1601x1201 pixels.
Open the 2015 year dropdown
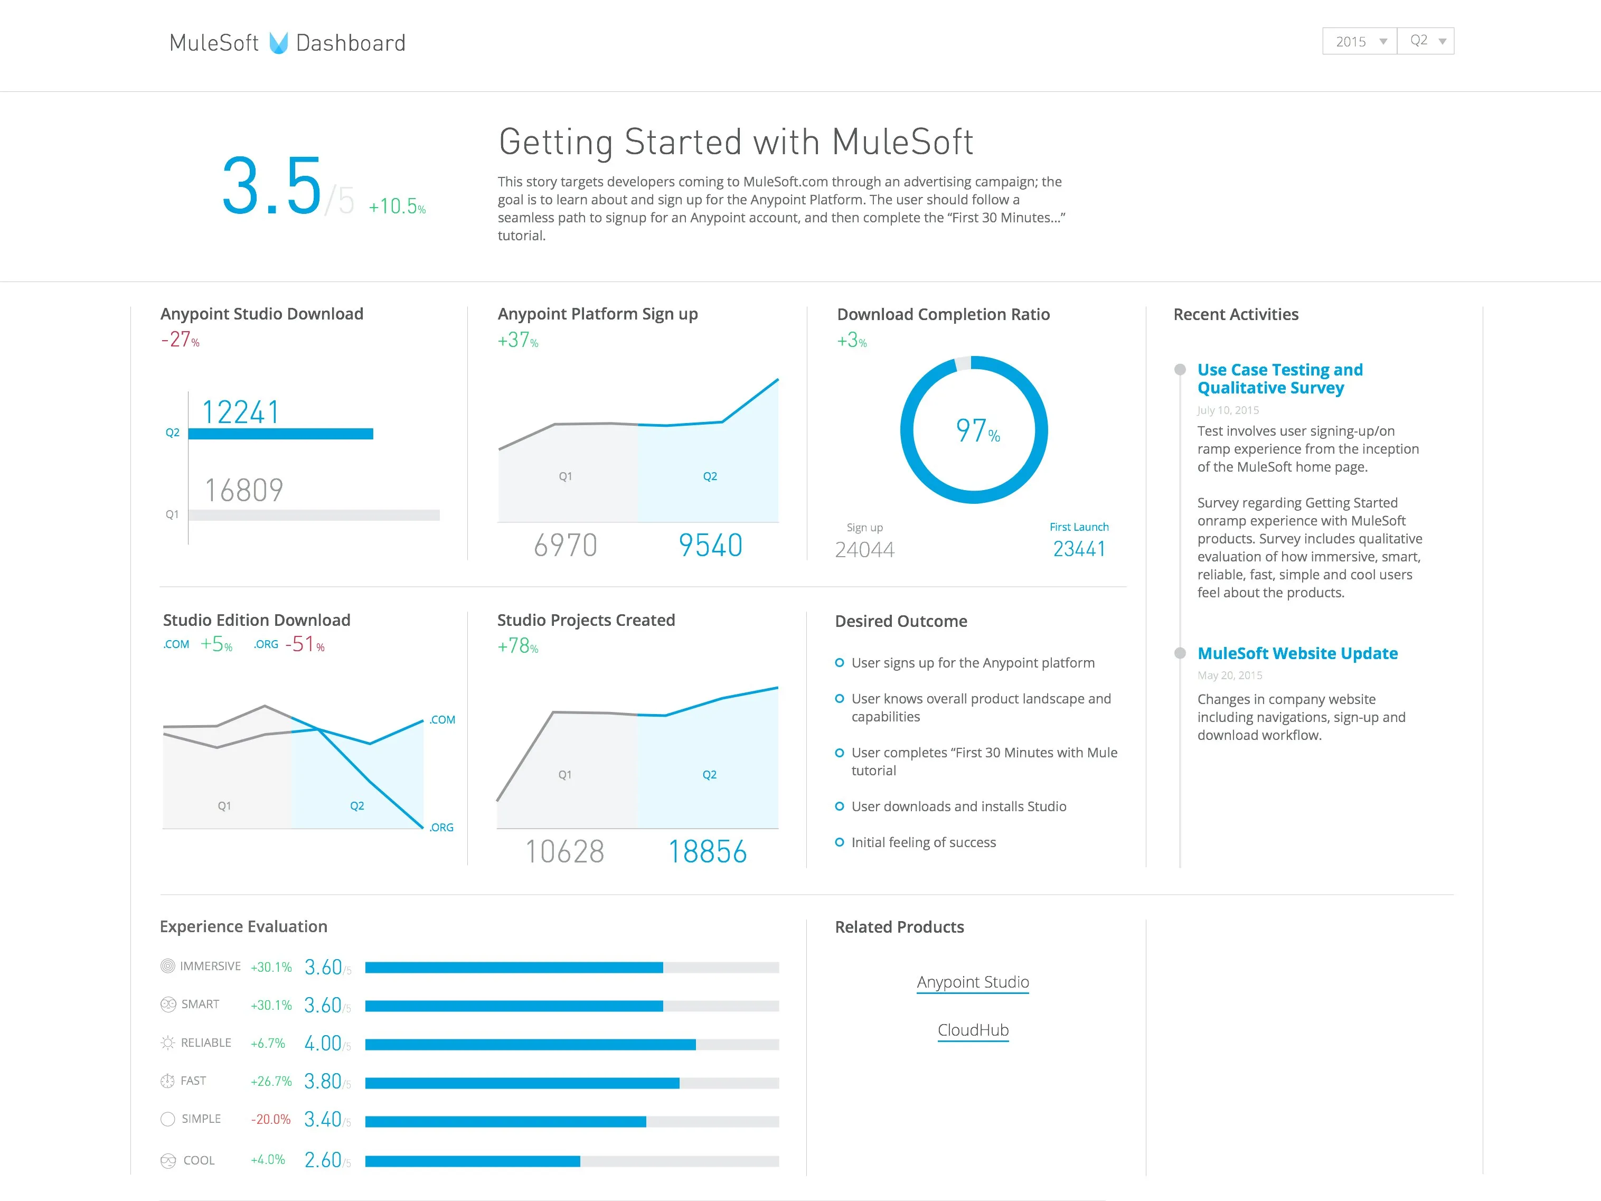click(1359, 41)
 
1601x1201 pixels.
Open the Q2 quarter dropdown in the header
click(1426, 41)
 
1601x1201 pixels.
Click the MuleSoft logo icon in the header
click(279, 43)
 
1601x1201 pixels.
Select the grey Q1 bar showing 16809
click(314, 515)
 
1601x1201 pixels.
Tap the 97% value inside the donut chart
click(976, 431)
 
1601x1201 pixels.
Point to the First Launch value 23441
click(1078, 549)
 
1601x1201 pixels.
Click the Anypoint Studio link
click(972, 982)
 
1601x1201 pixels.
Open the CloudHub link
click(972, 1030)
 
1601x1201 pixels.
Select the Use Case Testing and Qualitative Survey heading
click(1279, 379)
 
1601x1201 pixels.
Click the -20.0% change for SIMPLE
click(271, 1119)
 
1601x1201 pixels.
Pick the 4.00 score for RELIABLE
click(323, 1043)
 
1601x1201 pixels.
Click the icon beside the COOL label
click(168, 1160)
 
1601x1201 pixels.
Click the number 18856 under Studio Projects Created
click(707, 852)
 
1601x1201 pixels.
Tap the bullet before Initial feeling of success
click(840, 842)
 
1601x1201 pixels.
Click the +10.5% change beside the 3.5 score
click(397, 207)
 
